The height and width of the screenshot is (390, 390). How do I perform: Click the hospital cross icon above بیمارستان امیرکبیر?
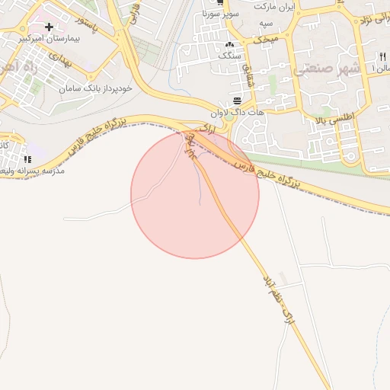click(x=50, y=27)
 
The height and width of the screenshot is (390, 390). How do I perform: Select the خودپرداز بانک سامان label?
click(x=96, y=88)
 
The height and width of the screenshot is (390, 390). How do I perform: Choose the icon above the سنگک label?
click(x=228, y=44)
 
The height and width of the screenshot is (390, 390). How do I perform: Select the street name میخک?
click(x=268, y=37)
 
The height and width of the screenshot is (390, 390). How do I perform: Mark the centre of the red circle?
click(x=195, y=194)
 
